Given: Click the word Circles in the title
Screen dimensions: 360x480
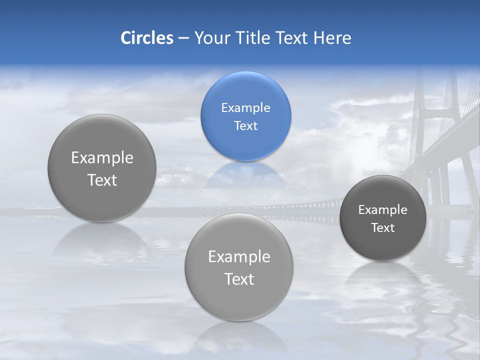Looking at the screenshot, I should (146, 38).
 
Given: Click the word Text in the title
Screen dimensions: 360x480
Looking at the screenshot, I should (292, 38).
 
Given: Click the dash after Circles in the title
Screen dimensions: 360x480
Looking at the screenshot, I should (183, 38).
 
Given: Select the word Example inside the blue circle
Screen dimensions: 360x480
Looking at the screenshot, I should (245, 107).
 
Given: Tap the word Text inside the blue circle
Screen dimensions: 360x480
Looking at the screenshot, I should (245, 125).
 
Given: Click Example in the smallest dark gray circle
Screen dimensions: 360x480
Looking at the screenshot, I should (382, 209).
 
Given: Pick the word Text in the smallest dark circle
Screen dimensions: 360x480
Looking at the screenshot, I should (382, 228).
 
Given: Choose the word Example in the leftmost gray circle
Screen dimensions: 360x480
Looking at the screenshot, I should (102, 157).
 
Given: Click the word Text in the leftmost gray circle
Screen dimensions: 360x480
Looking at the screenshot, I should (102, 180).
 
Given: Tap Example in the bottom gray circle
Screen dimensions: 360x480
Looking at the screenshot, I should (239, 256).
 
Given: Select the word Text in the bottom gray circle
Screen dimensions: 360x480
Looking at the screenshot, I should (239, 279).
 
